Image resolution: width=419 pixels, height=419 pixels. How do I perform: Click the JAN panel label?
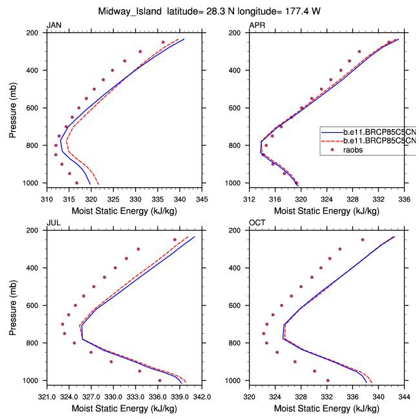click(x=53, y=25)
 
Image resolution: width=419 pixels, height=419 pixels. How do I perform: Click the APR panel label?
click(x=257, y=25)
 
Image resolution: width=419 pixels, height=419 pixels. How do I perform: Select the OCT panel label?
click(x=257, y=223)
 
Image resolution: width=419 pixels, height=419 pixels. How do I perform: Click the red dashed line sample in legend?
click(x=330, y=140)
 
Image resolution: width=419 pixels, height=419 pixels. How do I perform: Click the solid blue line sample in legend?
click(x=330, y=131)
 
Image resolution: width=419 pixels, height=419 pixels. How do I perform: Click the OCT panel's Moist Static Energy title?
click(x=327, y=409)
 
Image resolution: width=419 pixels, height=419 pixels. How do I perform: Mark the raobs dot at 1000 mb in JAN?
click(x=76, y=183)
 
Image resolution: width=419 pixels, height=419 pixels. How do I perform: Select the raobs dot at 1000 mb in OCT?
click(x=328, y=380)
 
